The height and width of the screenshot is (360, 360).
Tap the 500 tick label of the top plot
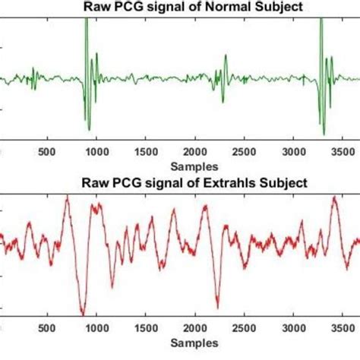point(48,150)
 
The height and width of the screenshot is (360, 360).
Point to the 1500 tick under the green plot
point(146,150)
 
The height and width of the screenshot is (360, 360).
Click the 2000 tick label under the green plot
point(195,150)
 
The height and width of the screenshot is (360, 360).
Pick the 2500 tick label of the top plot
point(245,150)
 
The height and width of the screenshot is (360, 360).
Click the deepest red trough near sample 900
point(83,313)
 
